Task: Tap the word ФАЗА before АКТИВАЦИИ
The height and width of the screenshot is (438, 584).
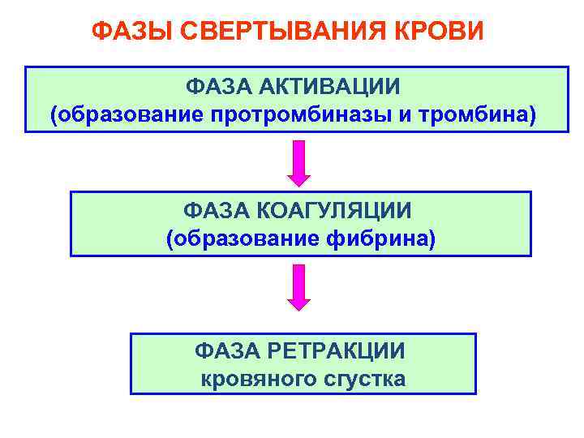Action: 217,85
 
